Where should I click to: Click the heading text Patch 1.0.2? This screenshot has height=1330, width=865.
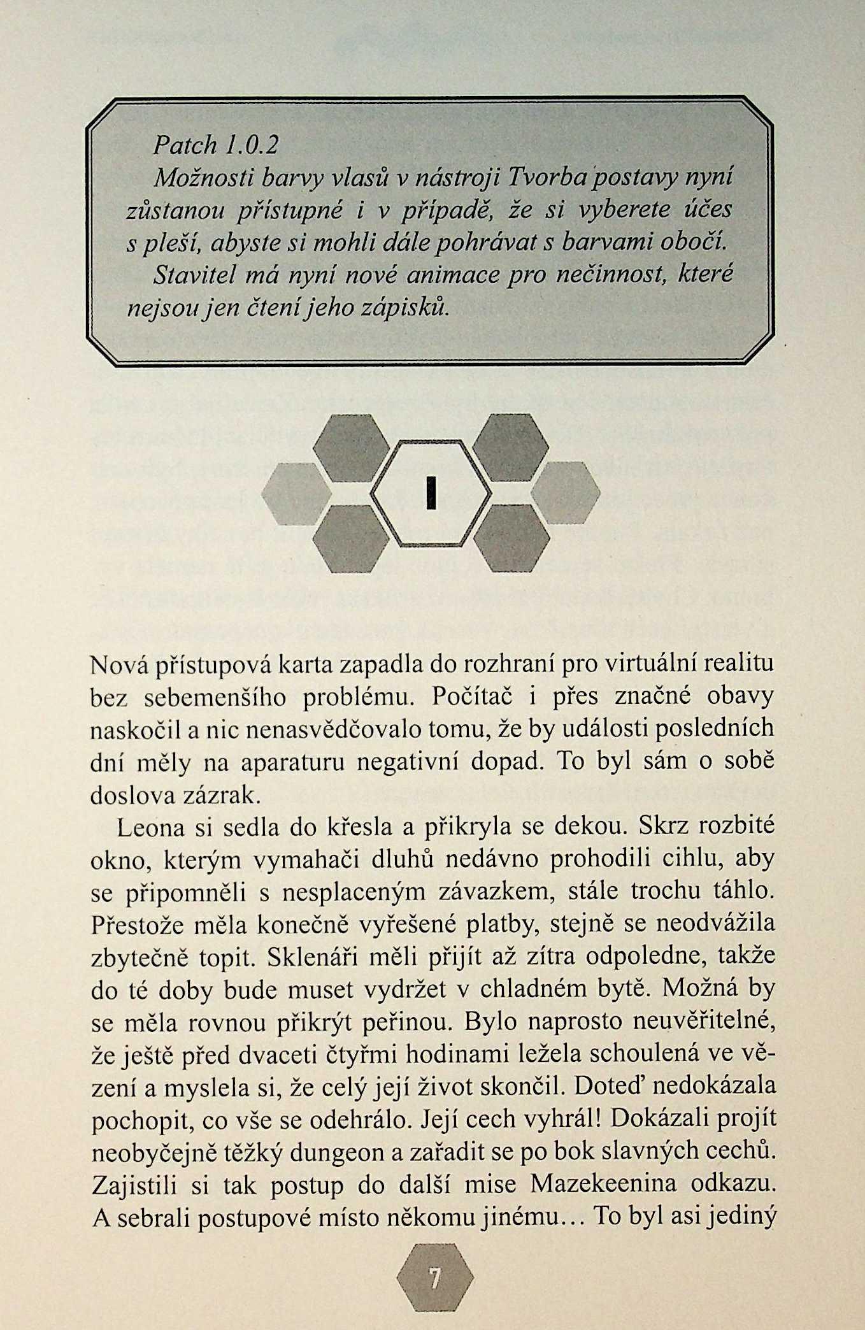click(x=216, y=146)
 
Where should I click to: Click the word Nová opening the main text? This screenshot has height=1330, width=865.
click(x=118, y=664)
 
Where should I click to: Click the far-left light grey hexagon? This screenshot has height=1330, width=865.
click(x=295, y=493)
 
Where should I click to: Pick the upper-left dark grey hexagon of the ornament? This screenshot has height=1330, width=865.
click(x=352, y=448)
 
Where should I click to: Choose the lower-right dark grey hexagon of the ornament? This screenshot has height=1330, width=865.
click(x=512, y=537)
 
